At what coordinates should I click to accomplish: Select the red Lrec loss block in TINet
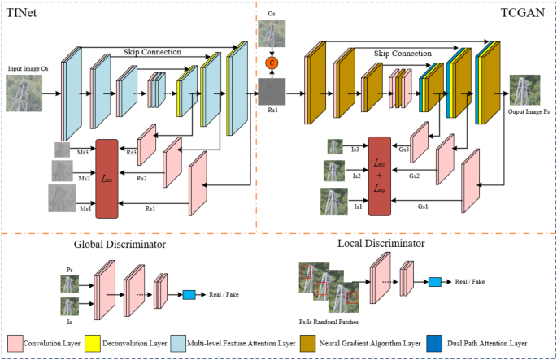[x=107, y=178]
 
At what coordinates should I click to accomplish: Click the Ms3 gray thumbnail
[x=63, y=150]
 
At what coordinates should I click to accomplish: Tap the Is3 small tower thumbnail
[x=336, y=147]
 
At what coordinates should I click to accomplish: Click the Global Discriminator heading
[x=120, y=244]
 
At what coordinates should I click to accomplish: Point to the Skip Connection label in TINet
[x=152, y=51]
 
